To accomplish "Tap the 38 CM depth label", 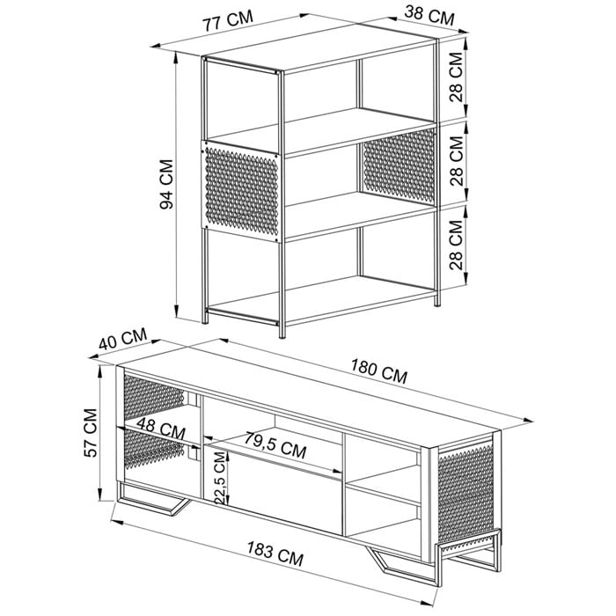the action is click(429, 15).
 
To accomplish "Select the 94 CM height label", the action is click(166, 184).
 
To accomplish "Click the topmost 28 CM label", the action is click(456, 77).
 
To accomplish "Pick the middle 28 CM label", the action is click(457, 160).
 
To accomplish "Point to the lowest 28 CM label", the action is click(456, 245).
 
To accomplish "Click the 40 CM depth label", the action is click(122, 339).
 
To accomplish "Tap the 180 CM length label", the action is click(378, 371).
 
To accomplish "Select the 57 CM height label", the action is click(91, 433).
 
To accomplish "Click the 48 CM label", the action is click(161, 429).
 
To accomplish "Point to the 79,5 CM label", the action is click(275, 444).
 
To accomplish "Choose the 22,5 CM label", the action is click(220, 477).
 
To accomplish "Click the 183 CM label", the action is click(275, 554).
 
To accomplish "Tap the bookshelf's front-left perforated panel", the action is click(241, 191).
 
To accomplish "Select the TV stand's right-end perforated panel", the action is click(466, 494).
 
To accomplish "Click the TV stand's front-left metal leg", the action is click(152, 498).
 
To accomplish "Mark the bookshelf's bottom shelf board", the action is click(320, 298).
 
